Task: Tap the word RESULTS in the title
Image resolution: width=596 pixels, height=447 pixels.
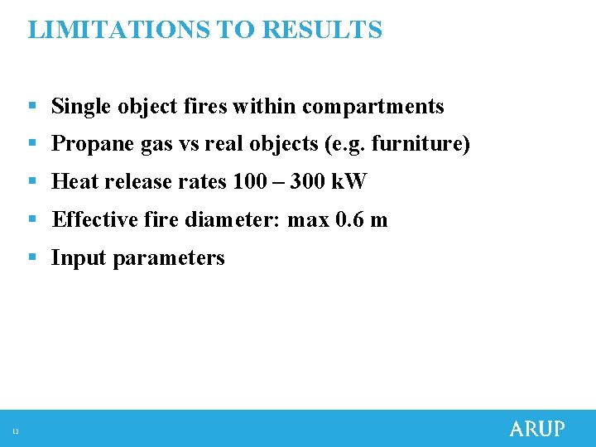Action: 322,30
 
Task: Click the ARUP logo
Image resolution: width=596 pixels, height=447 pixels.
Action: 537,429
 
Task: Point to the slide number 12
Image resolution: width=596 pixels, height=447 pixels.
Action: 16,430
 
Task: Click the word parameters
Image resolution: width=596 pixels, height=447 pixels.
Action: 169,258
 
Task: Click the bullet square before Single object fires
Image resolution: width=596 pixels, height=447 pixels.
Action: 31,107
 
